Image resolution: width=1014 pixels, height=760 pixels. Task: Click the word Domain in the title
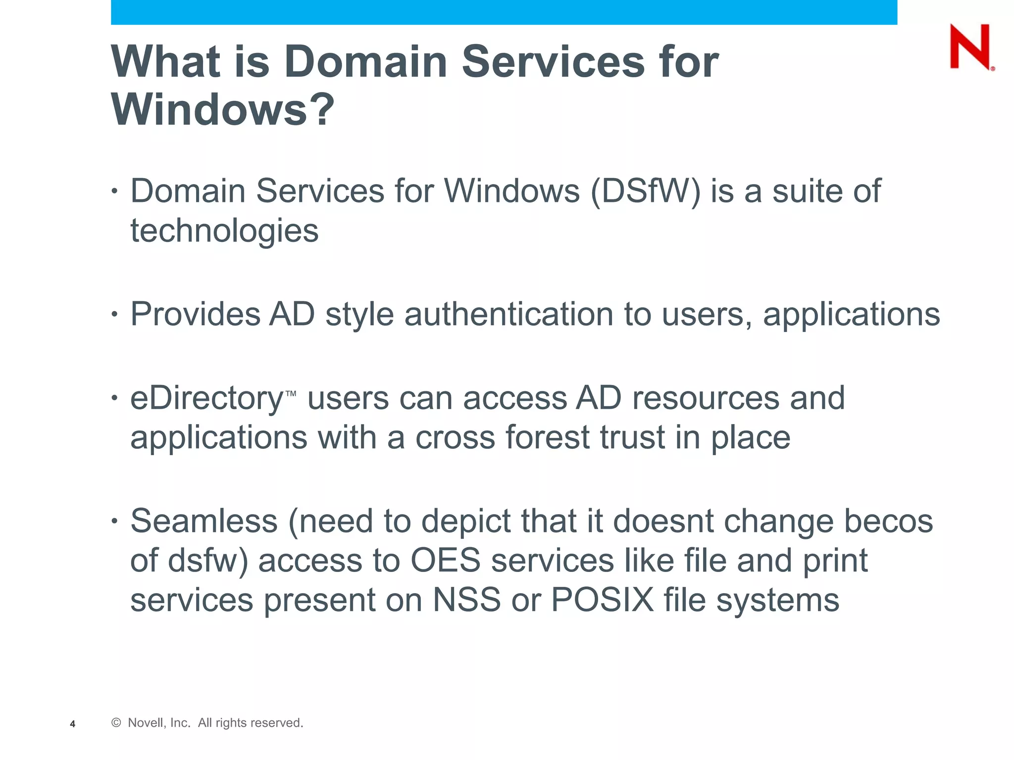coord(365,62)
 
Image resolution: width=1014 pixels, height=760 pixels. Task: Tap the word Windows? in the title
coord(223,109)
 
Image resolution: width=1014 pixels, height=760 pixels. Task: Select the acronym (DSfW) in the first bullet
coord(646,191)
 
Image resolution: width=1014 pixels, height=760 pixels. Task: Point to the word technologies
coord(224,231)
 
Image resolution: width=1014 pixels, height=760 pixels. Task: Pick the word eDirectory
coord(206,399)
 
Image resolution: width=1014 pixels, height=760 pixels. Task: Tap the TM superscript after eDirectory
coord(291,394)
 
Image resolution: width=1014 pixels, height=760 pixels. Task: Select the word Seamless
coord(204,522)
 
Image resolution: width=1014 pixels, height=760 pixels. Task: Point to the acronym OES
coord(446,561)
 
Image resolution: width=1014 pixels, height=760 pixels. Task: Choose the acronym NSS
coord(467,600)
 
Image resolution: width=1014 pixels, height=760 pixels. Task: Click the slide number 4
coord(73,724)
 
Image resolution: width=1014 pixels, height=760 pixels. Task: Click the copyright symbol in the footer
coord(116,723)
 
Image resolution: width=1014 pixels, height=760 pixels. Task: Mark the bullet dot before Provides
coord(115,314)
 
